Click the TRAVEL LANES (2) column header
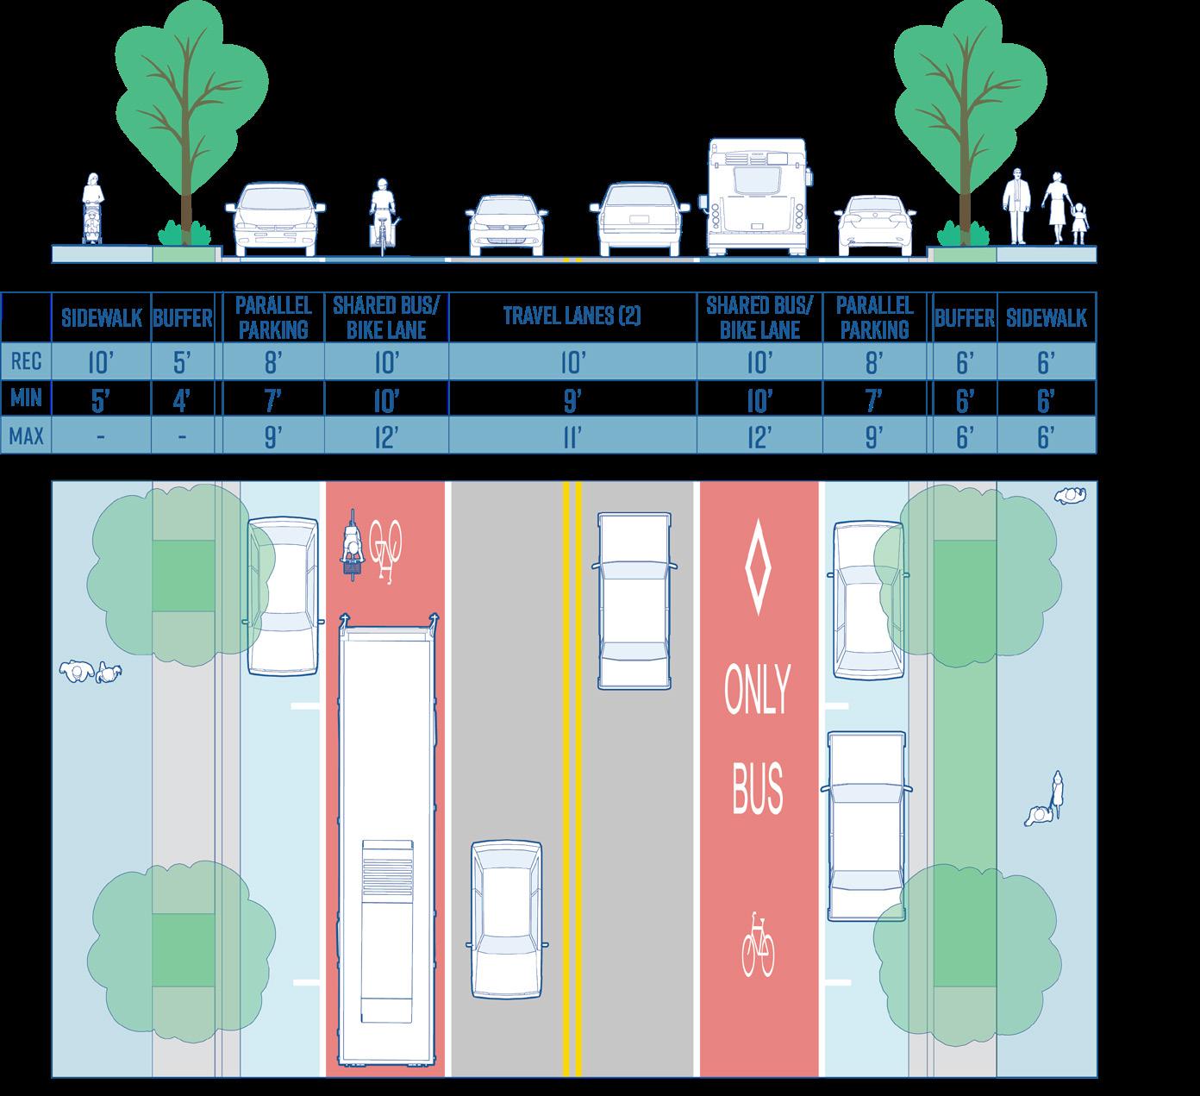572,316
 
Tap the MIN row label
26,399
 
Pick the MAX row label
26,436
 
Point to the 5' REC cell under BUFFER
182,363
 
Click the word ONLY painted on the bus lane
758,691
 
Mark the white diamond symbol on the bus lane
758,567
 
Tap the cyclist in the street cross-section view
382,216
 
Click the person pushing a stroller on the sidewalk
92,210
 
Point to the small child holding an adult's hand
1079,222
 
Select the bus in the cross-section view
756,197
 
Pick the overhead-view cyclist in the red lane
352,546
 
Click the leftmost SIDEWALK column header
102,317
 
